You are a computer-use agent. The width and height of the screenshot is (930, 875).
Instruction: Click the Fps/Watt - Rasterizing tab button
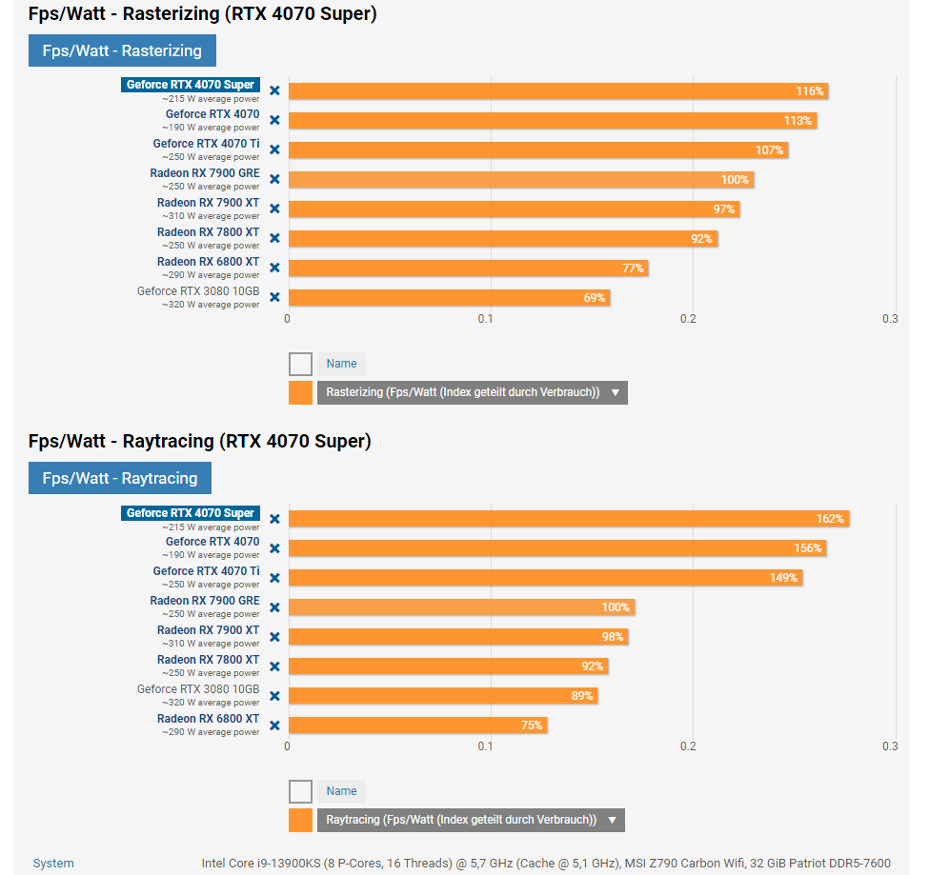point(122,50)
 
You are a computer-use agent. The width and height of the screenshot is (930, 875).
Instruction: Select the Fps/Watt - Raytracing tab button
point(120,478)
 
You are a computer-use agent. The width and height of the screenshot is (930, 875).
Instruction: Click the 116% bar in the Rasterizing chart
point(557,91)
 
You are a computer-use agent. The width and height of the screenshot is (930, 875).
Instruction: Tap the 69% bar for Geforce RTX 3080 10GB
point(448,298)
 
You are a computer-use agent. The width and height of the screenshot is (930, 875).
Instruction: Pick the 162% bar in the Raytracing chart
point(568,519)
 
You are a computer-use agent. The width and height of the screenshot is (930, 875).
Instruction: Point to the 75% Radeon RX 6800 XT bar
point(417,726)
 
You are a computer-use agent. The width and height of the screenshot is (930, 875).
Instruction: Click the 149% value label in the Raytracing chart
point(783,578)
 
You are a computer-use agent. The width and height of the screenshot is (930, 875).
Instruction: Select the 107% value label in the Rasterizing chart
point(770,150)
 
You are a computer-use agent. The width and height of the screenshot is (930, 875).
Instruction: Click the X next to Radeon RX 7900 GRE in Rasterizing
point(274,179)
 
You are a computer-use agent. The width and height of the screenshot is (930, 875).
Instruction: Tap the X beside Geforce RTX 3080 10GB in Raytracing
point(274,696)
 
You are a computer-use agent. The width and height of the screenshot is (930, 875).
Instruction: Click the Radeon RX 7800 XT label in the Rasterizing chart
point(208,232)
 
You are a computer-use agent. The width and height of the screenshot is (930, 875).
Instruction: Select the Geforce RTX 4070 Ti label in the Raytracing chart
point(206,571)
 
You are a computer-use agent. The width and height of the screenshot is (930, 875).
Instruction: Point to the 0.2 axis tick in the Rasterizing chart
point(688,319)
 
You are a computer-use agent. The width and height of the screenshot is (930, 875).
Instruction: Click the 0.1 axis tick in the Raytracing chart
point(486,746)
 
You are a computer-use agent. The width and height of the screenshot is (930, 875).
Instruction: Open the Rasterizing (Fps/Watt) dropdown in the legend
point(472,392)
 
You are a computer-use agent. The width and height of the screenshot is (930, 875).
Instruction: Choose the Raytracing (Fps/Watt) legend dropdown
point(471,820)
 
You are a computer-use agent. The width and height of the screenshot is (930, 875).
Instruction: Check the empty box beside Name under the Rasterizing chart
point(300,364)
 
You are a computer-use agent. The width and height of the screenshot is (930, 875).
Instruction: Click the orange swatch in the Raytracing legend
point(300,820)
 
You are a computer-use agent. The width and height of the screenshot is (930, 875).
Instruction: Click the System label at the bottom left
point(53,864)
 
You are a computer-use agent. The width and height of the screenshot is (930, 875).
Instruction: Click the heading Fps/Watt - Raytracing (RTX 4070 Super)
point(199,441)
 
